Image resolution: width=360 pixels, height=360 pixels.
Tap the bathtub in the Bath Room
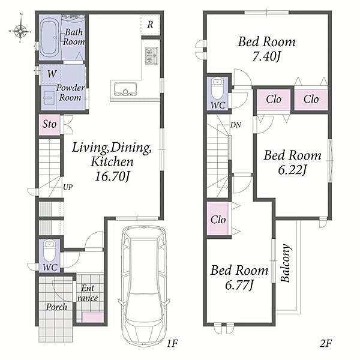[x=49, y=38]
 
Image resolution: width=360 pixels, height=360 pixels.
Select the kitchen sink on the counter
[x=125, y=89]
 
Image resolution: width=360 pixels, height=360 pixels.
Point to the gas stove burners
[x=151, y=56]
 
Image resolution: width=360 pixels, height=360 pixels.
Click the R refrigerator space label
[x=150, y=25]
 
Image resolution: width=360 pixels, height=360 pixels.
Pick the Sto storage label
[x=49, y=124]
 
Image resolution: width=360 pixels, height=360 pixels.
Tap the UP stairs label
[x=68, y=187]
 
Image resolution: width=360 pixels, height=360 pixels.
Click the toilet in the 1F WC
[x=49, y=250]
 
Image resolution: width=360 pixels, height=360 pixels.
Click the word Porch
[x=56, y=307]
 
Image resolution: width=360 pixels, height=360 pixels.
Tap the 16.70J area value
[x=113, y=177]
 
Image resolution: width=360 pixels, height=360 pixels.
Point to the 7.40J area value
[x=266, y=56]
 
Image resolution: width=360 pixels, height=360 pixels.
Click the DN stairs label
[x=236, y=125]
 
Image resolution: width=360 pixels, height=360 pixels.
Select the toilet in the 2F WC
[x=217, y=89]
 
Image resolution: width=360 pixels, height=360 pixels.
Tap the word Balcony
[x=286, y=263]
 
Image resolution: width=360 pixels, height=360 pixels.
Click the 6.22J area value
[x=292, y=170]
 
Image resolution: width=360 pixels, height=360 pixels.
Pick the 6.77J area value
[x=239, y=286]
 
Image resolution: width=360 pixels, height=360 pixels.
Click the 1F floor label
[x=172, y=343]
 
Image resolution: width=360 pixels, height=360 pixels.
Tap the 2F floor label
[x=326, y=343]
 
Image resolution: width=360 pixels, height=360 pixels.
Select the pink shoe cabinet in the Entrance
[x=93, y=317]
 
